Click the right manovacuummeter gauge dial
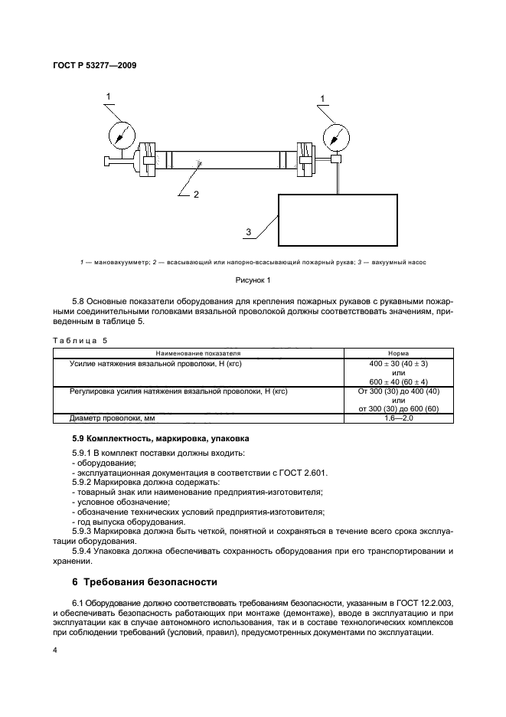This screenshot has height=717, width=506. pos(335,136)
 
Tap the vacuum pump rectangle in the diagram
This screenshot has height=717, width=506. pos(338,219)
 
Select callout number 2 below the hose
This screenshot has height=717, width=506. pos(196,195)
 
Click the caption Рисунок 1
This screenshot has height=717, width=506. pos(253,280)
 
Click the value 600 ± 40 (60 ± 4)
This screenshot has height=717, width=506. pos(398,380)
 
